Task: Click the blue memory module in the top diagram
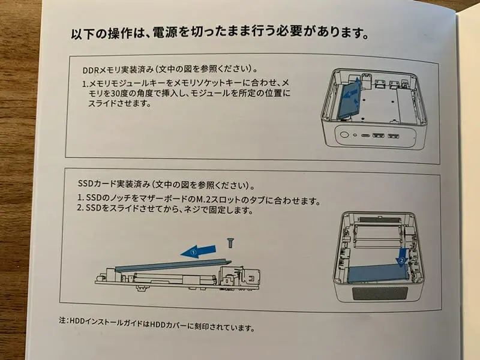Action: [350, 98]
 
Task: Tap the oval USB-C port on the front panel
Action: [365, 135]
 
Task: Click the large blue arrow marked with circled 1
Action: [199, 251]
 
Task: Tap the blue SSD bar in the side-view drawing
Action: [173, 265]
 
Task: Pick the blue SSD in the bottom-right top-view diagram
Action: [379, 273]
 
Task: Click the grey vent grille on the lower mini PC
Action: [380, 294]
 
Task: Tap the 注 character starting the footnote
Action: [62, 320]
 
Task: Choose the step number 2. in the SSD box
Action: [80, 208]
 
